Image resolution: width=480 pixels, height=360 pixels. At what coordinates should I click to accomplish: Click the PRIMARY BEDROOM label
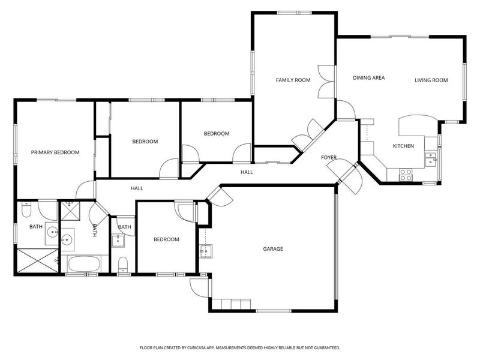(x=55, y=152)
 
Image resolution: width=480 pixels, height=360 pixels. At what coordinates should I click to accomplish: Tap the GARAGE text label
(x=272, y=248)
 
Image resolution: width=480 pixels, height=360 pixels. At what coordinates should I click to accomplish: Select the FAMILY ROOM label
(x=293, y=80)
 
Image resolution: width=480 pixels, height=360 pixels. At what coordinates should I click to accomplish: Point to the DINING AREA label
(x=368, y=77)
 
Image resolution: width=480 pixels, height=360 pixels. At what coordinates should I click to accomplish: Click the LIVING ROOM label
(x=431, y=80)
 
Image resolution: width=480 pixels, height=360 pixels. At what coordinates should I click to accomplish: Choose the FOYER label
(x=329, y=157)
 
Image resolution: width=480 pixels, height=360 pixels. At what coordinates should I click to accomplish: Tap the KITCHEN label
(x=403, y=146)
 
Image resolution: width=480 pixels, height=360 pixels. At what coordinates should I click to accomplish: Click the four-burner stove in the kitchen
(x=406, y=174)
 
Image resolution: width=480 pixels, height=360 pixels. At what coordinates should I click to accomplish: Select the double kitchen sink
(x=430, y=158)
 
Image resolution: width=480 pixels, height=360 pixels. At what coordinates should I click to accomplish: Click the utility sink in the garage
(x=205, y=250)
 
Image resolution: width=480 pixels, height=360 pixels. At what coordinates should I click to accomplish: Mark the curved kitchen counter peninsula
(x=412, y=125)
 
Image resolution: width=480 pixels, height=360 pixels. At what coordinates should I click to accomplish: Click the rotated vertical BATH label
(x=95, y=230)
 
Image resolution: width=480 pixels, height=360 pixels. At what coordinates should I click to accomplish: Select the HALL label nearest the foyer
(x=247, y=172)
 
